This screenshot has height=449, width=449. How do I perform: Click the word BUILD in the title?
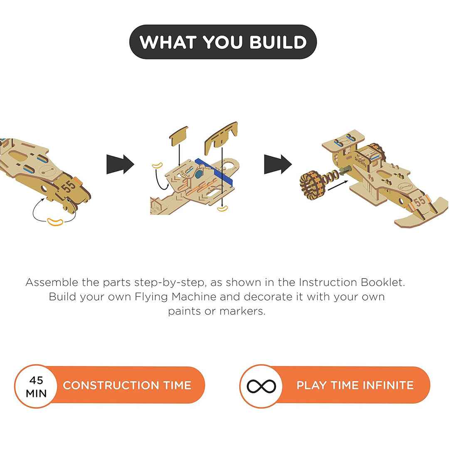tap(278, 42)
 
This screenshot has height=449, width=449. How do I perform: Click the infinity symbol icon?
tap(262, 386)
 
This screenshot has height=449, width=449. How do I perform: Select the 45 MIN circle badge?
tap(36, 386)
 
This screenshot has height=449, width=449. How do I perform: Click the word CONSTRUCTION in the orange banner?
tap(111, 385)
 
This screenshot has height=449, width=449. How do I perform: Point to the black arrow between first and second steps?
tap(120, 164)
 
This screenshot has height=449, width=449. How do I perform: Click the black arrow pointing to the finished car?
tap(278, 164)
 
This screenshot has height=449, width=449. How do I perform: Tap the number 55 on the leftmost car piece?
tap(69, 186)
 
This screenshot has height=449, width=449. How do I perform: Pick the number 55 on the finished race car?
tap(419, 201)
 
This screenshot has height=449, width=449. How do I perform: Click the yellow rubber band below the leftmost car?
tap(55, 222)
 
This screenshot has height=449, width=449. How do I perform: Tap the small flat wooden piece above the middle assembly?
tap(179, 136)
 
